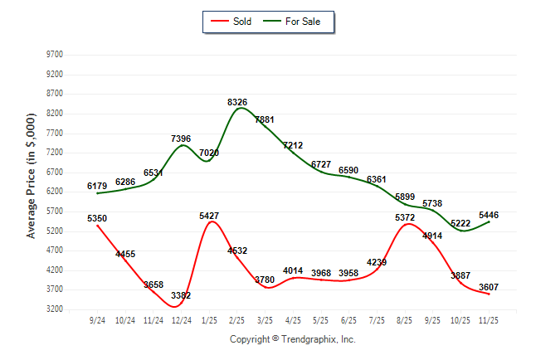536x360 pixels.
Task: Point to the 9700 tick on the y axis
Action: (54, 55)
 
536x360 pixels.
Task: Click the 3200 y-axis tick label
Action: (54, 309)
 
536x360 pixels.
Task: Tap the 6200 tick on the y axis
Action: (54, 192)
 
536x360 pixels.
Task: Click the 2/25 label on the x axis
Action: (236, 319)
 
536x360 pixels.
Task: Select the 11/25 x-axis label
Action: (489, 319)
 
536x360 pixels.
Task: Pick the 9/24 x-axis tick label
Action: (97, 319)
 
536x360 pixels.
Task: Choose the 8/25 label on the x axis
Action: (405, 319)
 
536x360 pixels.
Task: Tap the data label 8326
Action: (237, 102)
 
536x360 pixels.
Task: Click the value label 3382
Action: (181, 295)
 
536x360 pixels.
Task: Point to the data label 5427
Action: (209, 216)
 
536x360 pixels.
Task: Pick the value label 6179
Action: (97, 187)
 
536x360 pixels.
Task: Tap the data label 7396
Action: (182, 139)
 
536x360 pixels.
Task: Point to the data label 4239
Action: (377, 263)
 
